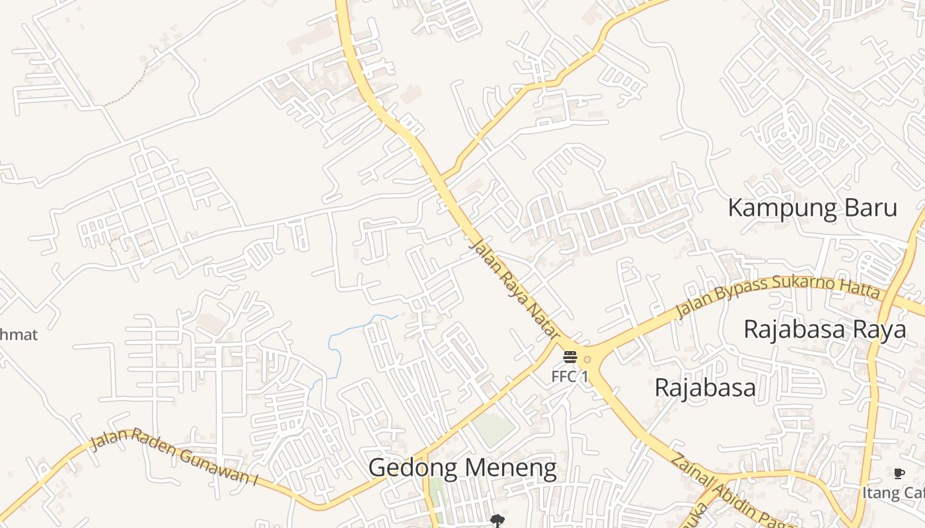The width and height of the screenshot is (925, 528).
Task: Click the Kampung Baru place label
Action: coord(812,208)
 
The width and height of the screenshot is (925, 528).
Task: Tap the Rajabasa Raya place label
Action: coord(825,329)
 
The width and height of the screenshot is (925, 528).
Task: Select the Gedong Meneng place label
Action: coord(462,468)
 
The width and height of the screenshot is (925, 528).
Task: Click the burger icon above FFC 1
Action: coord(570,358)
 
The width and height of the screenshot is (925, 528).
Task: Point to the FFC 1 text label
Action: coord(570,377)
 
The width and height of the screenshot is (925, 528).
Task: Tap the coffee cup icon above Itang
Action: coord(899,473)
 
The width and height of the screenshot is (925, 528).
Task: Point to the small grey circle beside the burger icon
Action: coord(587,360)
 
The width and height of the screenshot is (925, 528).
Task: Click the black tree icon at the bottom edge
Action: coord(496,521)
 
